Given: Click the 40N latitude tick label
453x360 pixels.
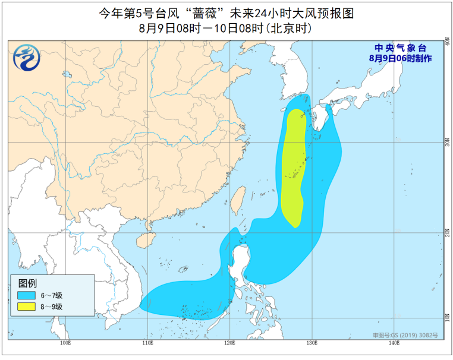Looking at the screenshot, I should (x=446, y=43).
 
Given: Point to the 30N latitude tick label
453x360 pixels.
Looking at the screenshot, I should (x=446, y=143).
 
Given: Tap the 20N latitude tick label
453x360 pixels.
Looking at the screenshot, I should (x=446, y=233).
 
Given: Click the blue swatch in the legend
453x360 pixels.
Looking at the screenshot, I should (x=26, y=295).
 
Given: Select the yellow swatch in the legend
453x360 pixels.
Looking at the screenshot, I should (x=26, y=307).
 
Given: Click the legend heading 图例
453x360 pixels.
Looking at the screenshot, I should (x=27, y=282).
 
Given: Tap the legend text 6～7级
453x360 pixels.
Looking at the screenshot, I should (x=52, y=295).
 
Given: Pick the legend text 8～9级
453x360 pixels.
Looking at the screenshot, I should (x=52, y=307).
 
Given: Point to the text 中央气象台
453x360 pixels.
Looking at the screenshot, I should (x=400, y=48).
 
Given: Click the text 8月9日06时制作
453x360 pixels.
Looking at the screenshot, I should (x=400, y=58).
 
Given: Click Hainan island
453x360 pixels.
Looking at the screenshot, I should (x=143, y=239).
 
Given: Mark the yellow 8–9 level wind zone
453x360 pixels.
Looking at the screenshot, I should (x=292, y=166).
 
